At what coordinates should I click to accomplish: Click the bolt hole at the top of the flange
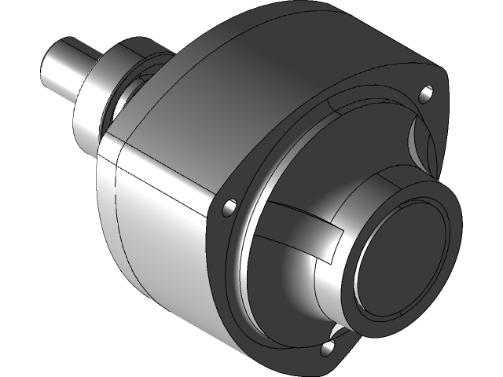(426, 94)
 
